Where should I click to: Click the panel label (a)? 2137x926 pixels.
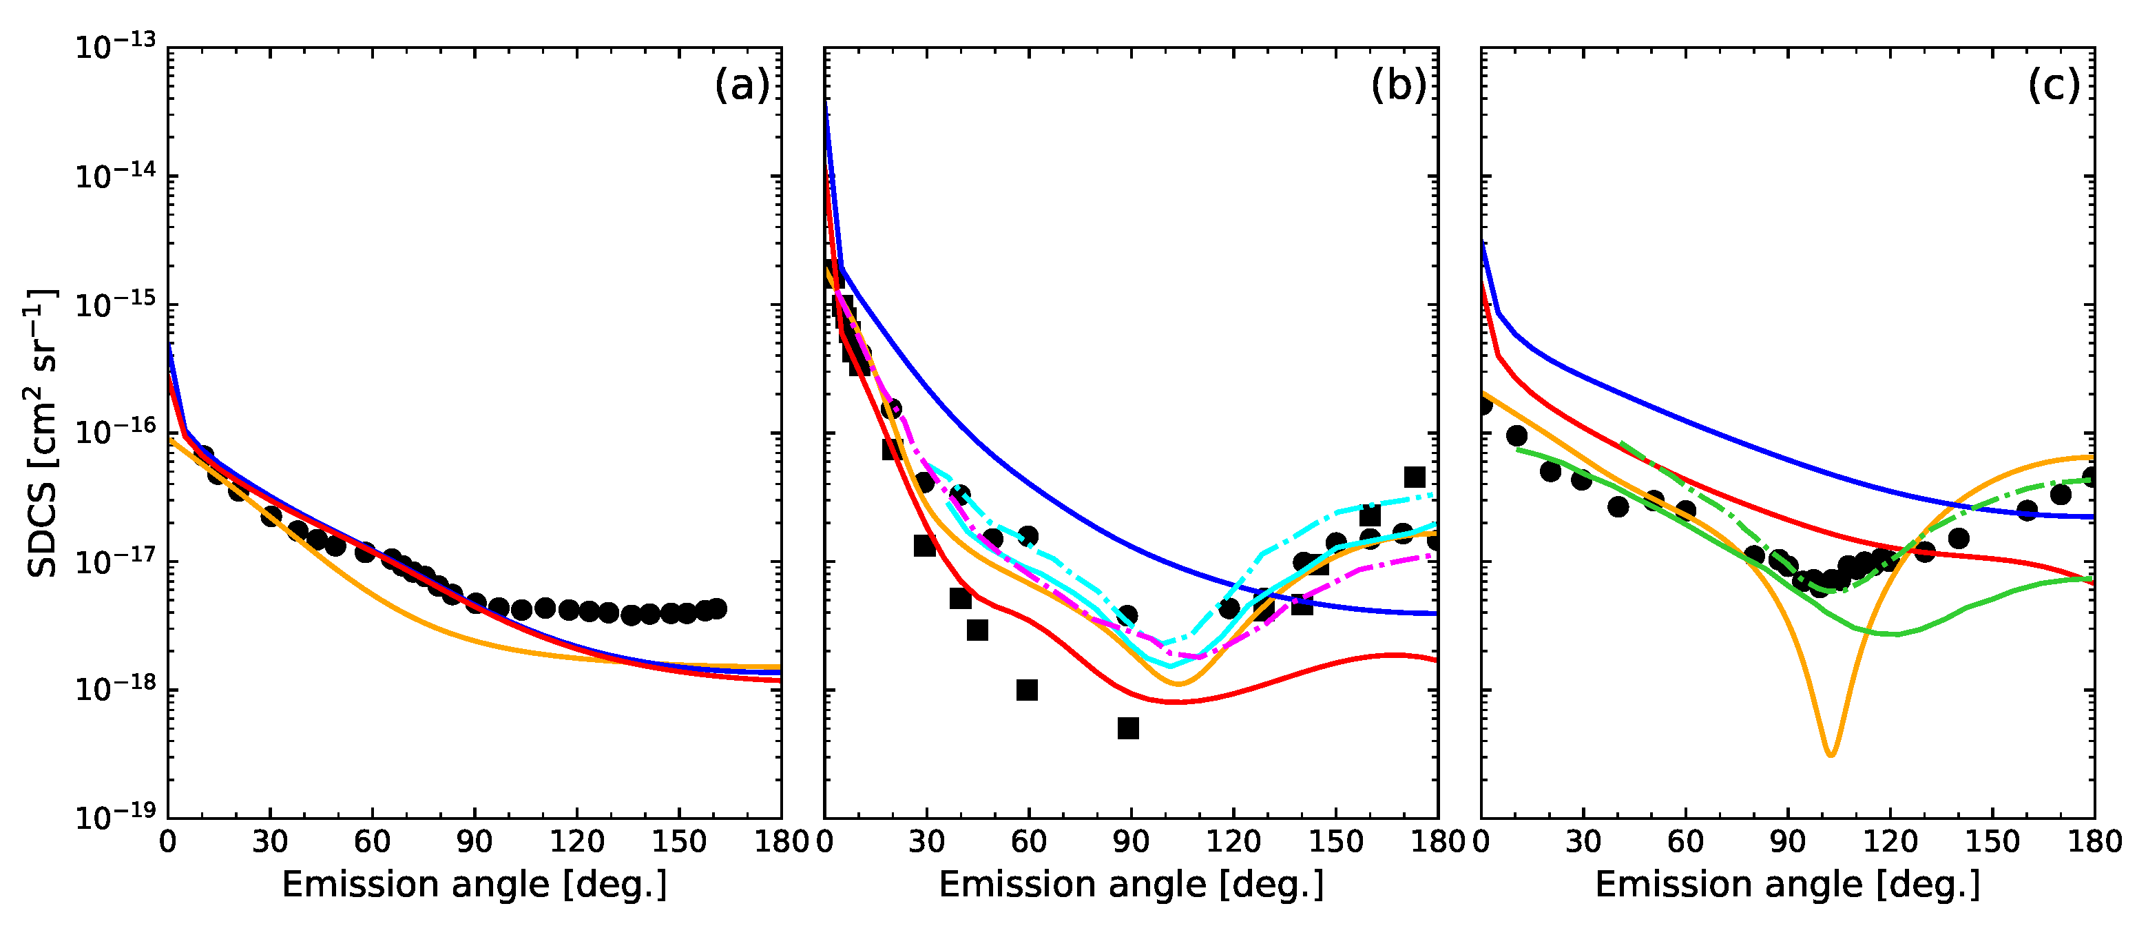pyautogui.click(x=742, y=85)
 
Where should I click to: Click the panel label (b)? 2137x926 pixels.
pyautogui.click(x=1399, y=85)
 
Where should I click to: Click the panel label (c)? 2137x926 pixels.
pyautogui.click(x=2054, y=85)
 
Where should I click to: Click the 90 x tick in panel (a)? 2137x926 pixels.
pyautogui.click(x=474, y=841)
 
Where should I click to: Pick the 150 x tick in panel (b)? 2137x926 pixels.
pyautogui.click(x=1335, y=841)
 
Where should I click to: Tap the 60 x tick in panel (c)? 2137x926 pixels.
pyautogui.click(x=1685, y=841)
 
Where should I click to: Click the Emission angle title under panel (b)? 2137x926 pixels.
pyautogui.click(x=1131, y=885)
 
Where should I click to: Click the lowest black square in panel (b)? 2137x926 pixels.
pyautogui.click(x=1127, y=728)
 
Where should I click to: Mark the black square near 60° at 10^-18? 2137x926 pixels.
pyautogui.click(x=1027, y=690)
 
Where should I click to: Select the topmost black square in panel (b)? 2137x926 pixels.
pyautogui.click(x=1415, y=476)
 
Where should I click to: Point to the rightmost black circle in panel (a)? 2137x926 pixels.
pyautogui.click(x=718, y=608)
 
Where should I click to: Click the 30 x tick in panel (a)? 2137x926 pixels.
pyautogui.click(x=269, y=841)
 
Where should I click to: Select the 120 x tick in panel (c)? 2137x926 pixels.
pyautogui.click(x=1890, y=841)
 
